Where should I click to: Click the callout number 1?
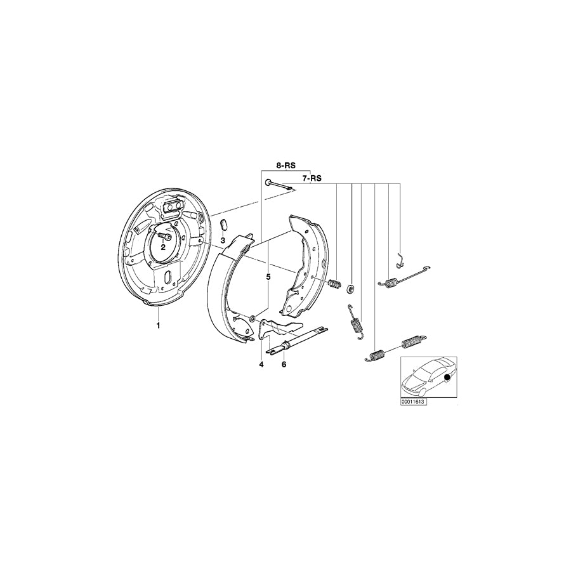click(x=158, y=325)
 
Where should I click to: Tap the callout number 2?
click(x=162, y=247)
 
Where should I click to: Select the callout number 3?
click(x=223, y=241)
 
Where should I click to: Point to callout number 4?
click(x=261, y=364)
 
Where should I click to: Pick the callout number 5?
click(x=268, y=277)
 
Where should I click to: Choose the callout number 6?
click(x=284, y=364)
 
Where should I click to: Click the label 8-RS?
click(x=285, y=165)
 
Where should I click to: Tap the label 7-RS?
click(x=311, y=179)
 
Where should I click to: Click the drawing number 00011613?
click(x=413, y=402)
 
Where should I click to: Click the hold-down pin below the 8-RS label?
click(x=277, y=185)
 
